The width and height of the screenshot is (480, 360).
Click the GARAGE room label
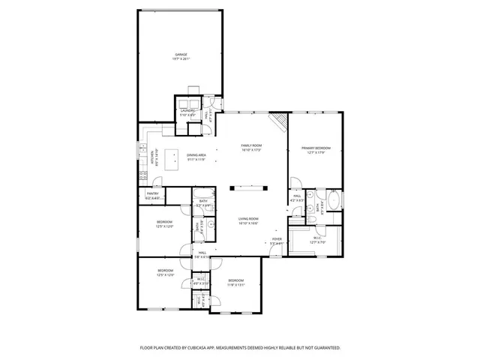point(181,55)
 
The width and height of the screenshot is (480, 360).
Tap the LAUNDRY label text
point(188,110)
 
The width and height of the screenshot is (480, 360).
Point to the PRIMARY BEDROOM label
point(316,148)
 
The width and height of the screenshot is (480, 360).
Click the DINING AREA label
point(196,155)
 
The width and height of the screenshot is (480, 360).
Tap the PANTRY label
point(152,193)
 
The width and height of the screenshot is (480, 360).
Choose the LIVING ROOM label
point(249,218)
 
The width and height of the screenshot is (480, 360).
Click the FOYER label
point(277,239)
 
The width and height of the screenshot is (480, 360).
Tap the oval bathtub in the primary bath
point(334,201)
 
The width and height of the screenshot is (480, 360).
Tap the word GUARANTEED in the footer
point(325,348)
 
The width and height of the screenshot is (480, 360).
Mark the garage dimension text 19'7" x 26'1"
point(181,60)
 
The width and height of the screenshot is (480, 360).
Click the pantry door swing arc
point(156,181)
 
